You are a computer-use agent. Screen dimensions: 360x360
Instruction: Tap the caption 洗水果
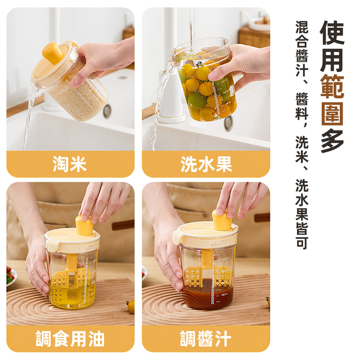click(206, 165)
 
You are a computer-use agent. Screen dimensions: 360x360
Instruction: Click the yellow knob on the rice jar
click(53, 53)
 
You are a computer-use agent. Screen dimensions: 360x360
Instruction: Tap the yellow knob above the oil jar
click(84, 226)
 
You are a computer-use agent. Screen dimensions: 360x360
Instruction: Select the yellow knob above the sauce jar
click(221, 220)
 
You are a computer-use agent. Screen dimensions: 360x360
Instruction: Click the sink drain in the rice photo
click(107, 111)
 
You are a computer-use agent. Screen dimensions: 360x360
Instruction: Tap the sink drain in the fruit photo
click(228, 123)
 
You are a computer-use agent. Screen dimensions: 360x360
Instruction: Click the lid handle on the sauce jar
click(177, 237)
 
